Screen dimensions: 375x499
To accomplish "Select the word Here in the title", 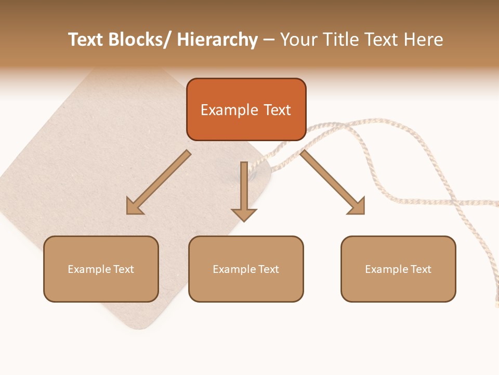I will click(x=421, y=40).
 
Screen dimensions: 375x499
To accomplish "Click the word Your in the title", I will click(x=299, y=40).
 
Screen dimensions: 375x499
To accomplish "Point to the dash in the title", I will click(x=269, y=41).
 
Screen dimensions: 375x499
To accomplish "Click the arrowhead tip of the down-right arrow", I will click(x=363, y=213).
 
